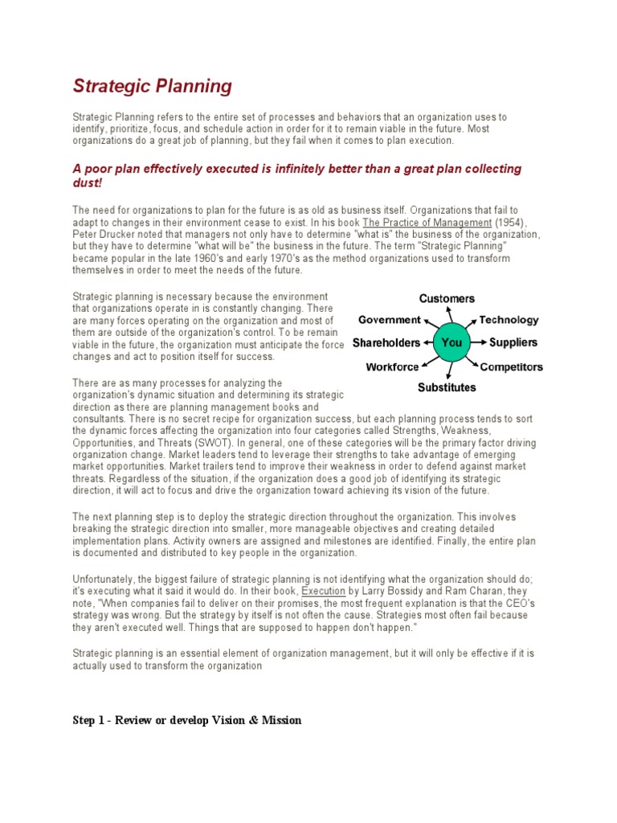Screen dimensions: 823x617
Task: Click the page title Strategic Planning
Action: click(x=153, y=86)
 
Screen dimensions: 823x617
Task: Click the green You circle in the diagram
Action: click(x=452, y=342)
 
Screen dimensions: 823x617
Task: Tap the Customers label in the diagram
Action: click(x=447, y=299)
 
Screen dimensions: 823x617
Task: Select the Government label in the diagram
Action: click(x=389, y=320)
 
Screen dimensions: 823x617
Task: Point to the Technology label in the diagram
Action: click(x=509, y=320)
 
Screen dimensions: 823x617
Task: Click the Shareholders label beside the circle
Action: click(x=386, y=342)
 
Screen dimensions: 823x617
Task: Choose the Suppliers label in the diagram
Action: click(x=513, y=342)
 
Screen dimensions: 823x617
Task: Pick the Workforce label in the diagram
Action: click(x=392, y=367)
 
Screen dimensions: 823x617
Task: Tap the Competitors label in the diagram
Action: click(x=511, y=367)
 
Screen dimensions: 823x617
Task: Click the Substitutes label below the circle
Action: click(x=447, y=387)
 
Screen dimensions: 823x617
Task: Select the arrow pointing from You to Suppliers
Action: click(x=478, y=342)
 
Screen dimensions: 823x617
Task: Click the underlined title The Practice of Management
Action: click(x=427, y=222)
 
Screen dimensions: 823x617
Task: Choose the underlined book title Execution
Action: click(x=323, y=590)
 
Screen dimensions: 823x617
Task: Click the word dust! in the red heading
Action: click(x=88, y=182)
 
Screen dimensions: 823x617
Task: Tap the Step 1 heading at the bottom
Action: click(x=187, y=720)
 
